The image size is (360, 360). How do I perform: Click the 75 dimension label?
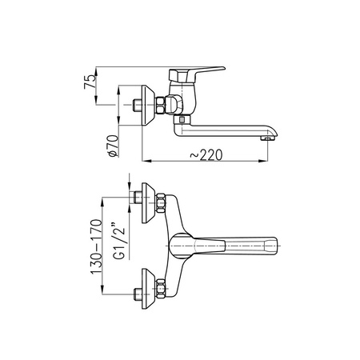[x=90, y=82]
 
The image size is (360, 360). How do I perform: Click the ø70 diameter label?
[x=113, y=146]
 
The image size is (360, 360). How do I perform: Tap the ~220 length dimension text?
[x=206, y=155]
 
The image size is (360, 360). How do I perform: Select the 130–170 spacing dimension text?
[x=97, y=247]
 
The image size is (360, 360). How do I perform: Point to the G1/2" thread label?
[x=119, y=241]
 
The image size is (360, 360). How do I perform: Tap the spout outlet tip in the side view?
[x=267, y=138]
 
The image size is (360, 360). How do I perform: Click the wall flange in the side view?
[x=148, y=106]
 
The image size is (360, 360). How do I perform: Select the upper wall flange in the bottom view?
[x=148, y=203]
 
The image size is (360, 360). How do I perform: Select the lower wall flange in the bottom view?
[x=148, y=289]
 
